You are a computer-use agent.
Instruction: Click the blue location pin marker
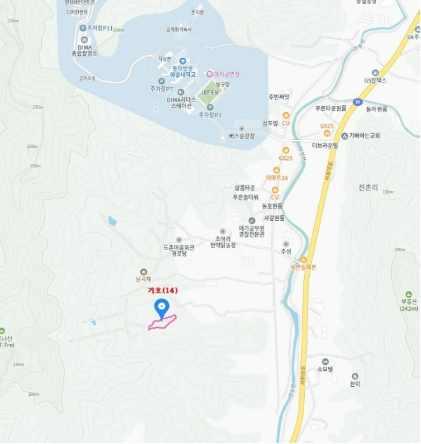tap(162, 308)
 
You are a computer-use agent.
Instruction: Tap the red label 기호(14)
tap(163, 291)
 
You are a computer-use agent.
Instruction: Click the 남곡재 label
tap(144, 277)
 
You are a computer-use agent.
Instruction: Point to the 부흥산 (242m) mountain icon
tap(409, 294)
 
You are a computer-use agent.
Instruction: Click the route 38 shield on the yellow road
tap(358, 101)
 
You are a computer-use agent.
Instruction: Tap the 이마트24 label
tap(277, 178)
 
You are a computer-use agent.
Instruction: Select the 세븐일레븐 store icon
tap(304, 259)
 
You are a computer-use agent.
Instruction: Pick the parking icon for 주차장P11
tap(83, 28)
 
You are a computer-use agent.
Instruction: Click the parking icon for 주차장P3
tap(210, 107)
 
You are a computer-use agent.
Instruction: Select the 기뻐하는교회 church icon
tap(344, 136)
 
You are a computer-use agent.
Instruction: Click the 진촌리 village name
tap(368, 188)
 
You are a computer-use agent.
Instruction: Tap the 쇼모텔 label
tap(324, 369)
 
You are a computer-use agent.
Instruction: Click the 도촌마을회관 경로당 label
tap(178, 250)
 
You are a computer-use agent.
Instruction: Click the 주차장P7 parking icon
tap(162, 81)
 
